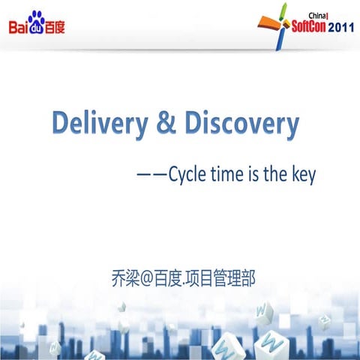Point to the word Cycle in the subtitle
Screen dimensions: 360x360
(x=188, y=175)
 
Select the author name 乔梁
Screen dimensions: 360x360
(x=121, y=277)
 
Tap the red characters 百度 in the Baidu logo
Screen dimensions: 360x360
(x=55, y=28)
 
